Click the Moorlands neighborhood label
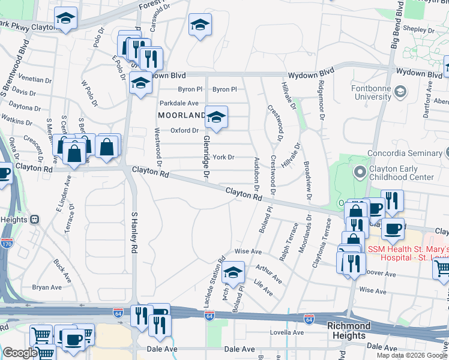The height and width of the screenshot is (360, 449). [182, 115]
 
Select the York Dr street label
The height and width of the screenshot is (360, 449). [223, 157]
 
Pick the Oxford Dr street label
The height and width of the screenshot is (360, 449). [184, 130]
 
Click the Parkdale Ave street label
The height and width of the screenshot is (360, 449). [179, 103]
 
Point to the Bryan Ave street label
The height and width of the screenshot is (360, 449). [47, 287]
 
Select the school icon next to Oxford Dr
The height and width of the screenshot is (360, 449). [216, 117]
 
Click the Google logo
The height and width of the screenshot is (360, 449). [19, 353]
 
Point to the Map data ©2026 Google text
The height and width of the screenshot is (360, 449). [411, 355]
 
